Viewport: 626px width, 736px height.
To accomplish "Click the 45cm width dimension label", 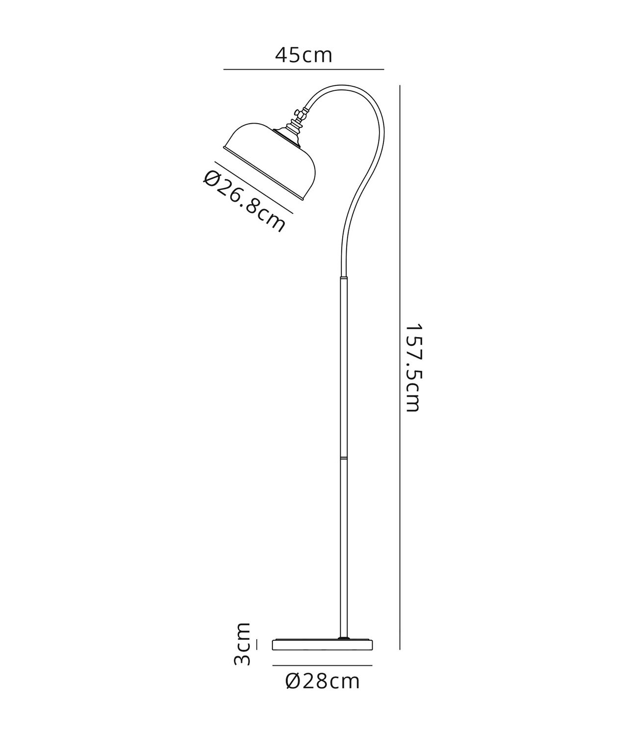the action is (x=303, y=55).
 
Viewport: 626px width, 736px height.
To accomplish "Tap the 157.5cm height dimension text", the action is (x=414, y=368).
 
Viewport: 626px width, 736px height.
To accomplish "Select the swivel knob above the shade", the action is (x=301, y=115).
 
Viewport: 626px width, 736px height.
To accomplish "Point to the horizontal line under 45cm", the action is (x=303, y=69).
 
